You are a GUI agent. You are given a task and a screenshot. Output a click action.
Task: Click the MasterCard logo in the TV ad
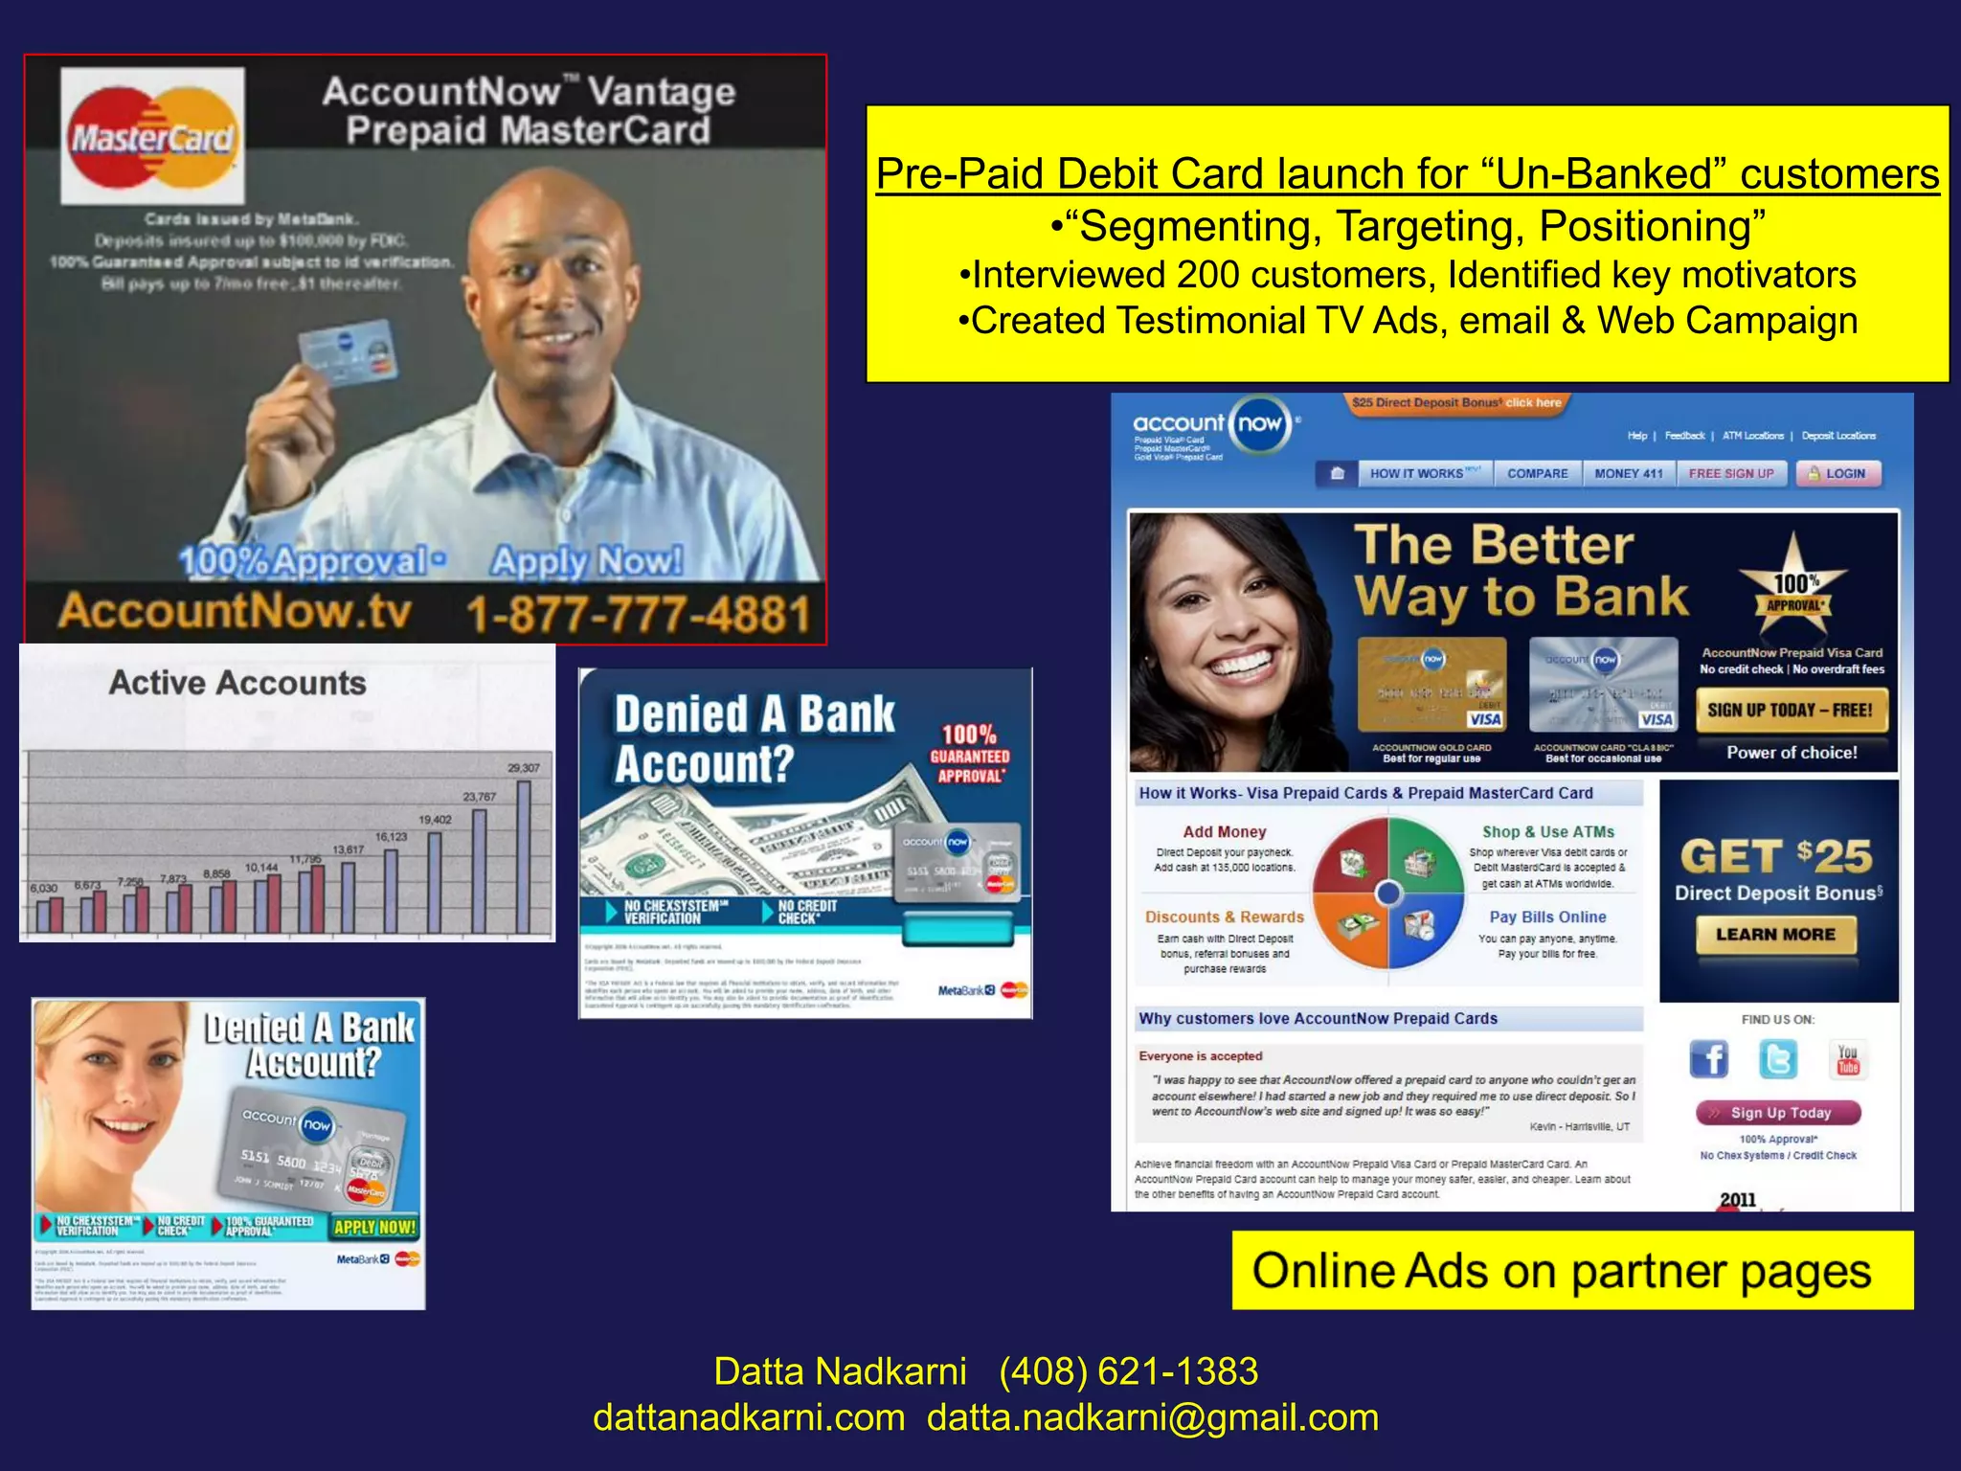(x=152, y=136)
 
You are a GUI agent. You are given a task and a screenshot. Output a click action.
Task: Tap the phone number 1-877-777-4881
(x=639, y=615)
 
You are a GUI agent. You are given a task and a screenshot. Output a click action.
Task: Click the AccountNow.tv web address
(x=235, y=611)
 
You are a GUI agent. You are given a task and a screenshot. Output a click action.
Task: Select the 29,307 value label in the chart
(x=524, y=767)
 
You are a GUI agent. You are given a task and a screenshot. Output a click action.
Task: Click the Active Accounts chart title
(x=237, y=683)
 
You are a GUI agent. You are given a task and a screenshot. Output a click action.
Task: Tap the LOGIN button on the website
(x=1837, y=473)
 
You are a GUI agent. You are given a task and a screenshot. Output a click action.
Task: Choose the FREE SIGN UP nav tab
(x=1731, y=473)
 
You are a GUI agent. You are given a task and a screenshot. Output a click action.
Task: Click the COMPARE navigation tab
(x=1537, y=473)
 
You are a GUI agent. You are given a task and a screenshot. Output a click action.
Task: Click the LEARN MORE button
(x=1775, y=935)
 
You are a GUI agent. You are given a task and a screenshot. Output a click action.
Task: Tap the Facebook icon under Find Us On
(x=1709, y=1059)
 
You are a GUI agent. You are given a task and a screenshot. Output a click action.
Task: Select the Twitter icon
(x=1778, y=1059)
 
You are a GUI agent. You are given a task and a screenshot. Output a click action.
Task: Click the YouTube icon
(x=1848, y=1059)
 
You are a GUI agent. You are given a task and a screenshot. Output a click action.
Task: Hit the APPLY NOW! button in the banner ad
(x=374, y=1227)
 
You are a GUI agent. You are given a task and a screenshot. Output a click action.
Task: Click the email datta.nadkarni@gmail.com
(x=1153, y=1417)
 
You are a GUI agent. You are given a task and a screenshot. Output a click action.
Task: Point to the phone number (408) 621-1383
(x=1128, y=1371)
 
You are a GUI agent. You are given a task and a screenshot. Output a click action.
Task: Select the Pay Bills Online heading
(x=1547, y=917)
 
